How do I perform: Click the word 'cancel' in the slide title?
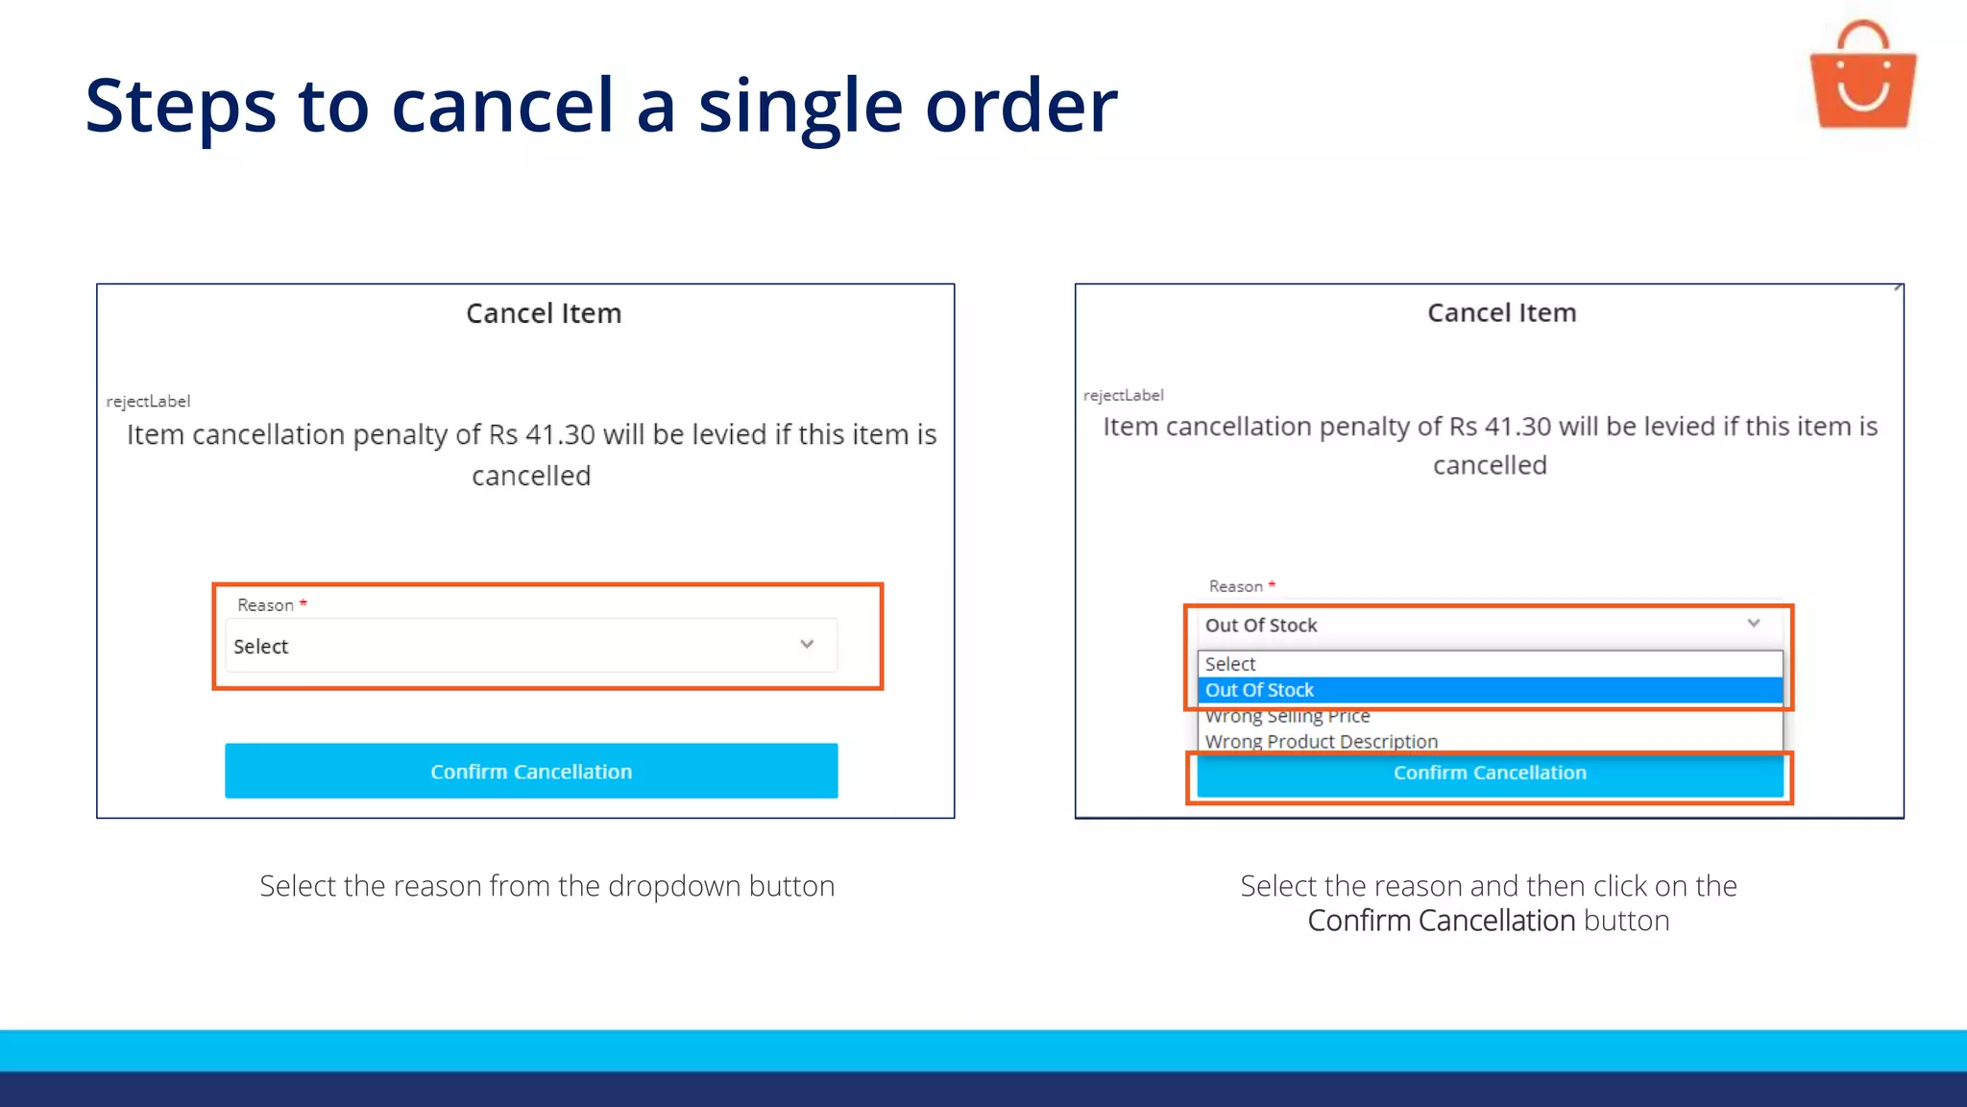[x=501, y=106]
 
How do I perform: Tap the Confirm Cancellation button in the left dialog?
[x=531, y=771]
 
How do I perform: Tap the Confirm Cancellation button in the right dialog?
[x=1490, y=774]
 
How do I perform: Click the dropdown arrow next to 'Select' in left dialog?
[x=807, y=645]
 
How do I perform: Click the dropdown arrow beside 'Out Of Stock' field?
[x=1754, y=624]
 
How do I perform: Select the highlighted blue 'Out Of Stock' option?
[x=1259, y=690]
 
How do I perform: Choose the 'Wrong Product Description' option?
[x=1321, y=741]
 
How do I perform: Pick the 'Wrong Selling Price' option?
[x=1287, y=717]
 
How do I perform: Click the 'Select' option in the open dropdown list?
[x=1230, y=664]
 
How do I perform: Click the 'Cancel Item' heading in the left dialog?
[x=544, y=313]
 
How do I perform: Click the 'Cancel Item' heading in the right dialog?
[x=1501, y=312]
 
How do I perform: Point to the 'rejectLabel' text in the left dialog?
[x=148, y=402]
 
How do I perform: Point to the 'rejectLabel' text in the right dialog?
[x=1123, y=395]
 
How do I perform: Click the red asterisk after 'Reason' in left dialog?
[x=304, y=603]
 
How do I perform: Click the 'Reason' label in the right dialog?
[x=1235, y=586]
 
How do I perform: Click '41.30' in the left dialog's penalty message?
[x=560, y=434]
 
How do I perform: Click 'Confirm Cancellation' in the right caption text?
[x=1441, y=921]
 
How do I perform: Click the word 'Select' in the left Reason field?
[x=260, y=647]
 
